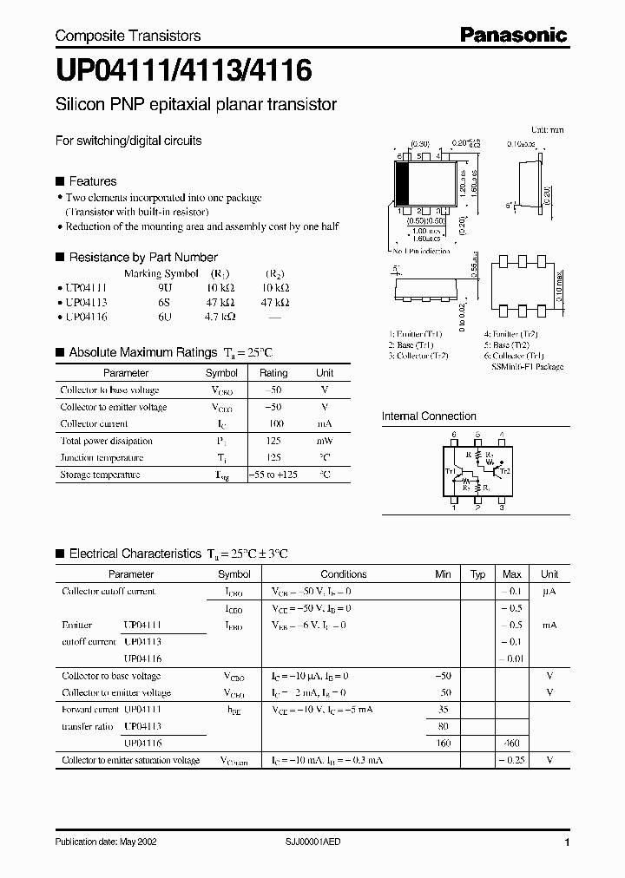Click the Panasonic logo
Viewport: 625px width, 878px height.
click(x=513, y=35)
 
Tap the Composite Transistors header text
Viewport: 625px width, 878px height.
click(x=128, y=36)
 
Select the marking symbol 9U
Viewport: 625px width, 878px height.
click(x=165, y=287)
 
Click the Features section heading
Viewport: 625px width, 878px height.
click(x=92, y=181)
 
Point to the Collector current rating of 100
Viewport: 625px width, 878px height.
click(x=273, y=423)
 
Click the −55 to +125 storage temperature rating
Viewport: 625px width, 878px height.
click(x=273, y=475)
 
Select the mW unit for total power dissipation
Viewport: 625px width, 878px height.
click(x=325, y=441)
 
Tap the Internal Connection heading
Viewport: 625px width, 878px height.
click(x=429, y=416)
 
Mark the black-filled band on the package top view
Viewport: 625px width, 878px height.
click(x=402, y=183)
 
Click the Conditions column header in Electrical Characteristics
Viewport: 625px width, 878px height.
click(x=344, y=574)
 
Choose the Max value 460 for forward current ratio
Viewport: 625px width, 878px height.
click(x=512, y=744)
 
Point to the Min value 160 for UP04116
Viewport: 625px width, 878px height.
click(x=444, y=744)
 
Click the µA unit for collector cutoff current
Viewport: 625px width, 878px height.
click(x=549, y=592)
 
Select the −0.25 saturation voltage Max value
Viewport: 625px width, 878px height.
click(x=511, y=761)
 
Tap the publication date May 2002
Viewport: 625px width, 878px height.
click(x=106, y=842)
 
